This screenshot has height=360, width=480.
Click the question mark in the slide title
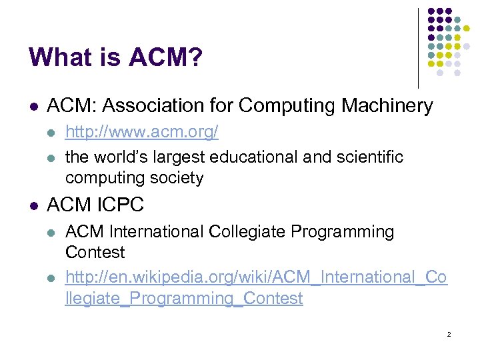195,57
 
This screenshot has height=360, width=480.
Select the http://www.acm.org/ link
141,133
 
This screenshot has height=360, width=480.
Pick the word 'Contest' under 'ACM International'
95,253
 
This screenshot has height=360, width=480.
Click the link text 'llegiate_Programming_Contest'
184,298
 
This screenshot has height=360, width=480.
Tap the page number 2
449,334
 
